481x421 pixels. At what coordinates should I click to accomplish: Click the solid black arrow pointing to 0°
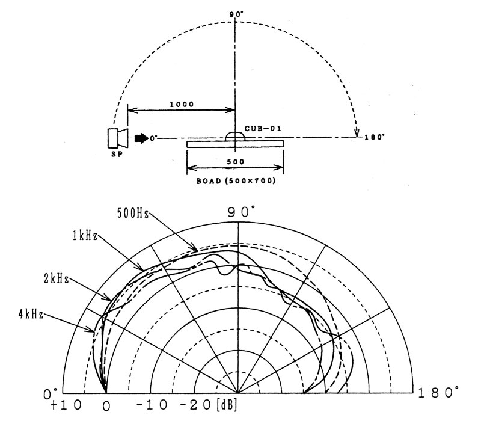point(141,138)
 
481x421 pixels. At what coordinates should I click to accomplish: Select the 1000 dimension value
point(182,103)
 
